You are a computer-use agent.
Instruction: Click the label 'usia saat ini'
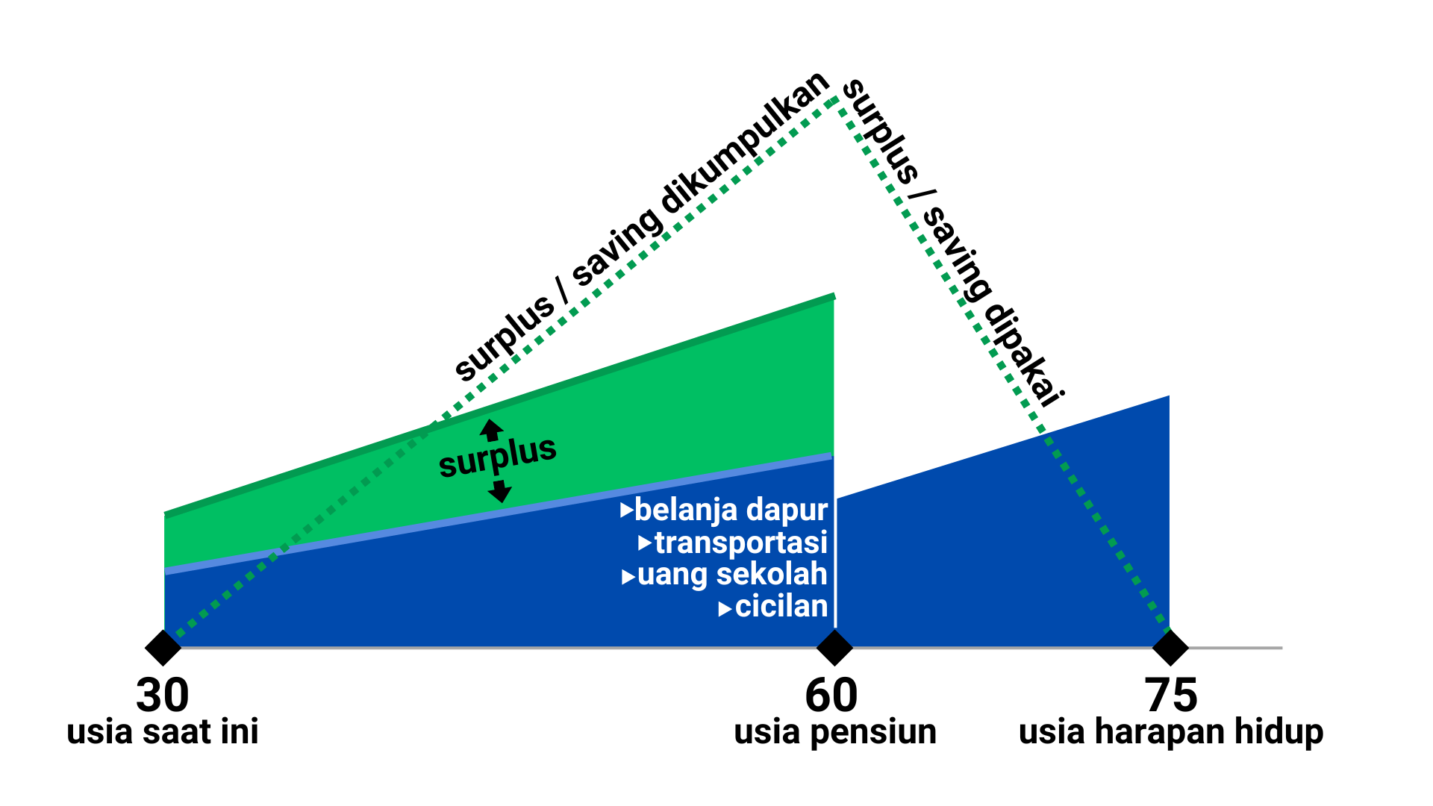tap(163, 731)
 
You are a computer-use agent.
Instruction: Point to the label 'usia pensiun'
tap(835, 731)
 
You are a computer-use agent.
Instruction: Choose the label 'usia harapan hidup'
tap(1170, 731)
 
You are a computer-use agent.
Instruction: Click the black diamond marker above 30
tap(163, 647)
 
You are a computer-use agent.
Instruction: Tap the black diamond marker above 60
tap(834, 647)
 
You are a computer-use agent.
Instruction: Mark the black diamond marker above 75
tap(1170, 647)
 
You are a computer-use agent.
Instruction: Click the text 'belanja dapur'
tap(731, 510)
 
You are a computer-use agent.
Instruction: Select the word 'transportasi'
tap(740, 543)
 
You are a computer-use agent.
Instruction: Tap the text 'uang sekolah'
tap(732, 575)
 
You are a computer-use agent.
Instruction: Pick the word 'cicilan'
tap(781, 607)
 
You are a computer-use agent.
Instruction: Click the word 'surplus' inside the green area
tap(497, 456)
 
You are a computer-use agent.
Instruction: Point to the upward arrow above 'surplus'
tap(491, 430)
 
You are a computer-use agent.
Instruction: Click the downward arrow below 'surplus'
tap(499, 491)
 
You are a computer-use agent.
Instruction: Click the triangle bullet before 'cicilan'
tap(724, 610)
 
